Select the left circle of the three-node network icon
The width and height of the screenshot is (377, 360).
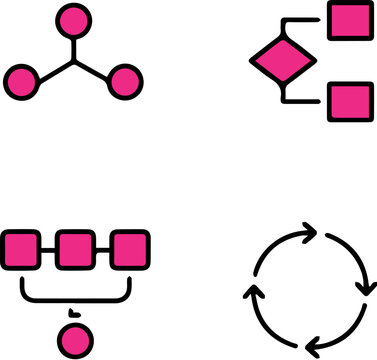tap(22, 81)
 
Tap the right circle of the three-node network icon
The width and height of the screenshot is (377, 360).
tap(123, 81)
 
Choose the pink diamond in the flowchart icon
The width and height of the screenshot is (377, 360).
tap(280, 61)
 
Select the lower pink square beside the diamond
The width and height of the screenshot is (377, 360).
tap(348, 101)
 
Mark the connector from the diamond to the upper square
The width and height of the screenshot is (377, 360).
tap(300, 21)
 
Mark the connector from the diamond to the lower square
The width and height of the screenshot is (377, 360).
tap(300, 101)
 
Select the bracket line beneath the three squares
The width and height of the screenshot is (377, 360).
tap(75, 297)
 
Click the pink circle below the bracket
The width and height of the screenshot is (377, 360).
tap(72, 338)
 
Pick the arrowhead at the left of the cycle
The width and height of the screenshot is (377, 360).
tap(254, 296)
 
